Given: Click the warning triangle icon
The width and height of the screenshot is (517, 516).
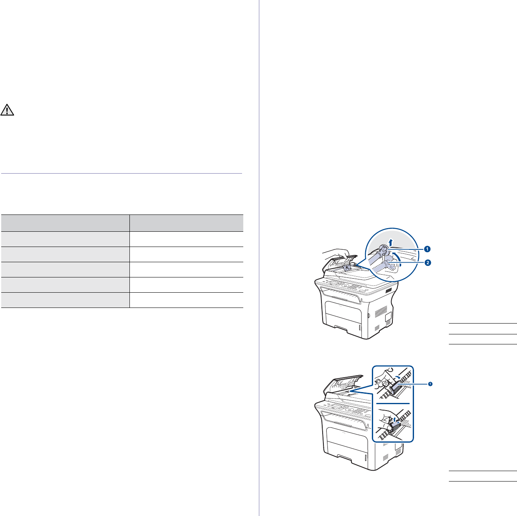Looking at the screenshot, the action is pos(7,109).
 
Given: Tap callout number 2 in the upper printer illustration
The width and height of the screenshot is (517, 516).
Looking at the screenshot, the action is pos(428,263).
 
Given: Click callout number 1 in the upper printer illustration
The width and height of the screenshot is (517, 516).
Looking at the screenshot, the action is pos(428,249).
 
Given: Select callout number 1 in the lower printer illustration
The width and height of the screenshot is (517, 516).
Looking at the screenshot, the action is pos(430,384).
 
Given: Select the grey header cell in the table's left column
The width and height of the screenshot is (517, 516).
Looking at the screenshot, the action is pos(65,223).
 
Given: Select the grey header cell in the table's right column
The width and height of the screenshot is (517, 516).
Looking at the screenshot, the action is pos(186,223).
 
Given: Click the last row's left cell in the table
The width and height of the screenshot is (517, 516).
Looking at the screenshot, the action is pos(65,300).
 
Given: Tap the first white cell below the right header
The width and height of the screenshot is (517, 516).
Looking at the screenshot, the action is pos(186,239).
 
